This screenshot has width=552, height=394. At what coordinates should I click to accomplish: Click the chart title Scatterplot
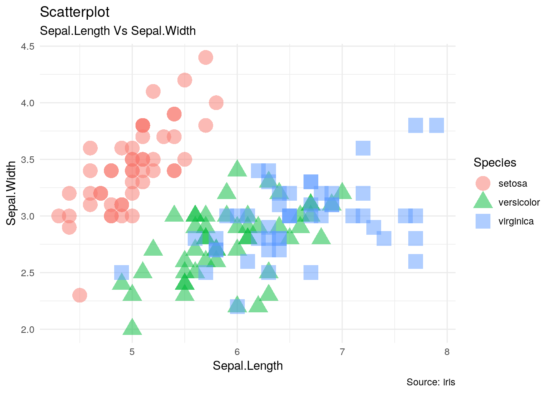pyautogui.click(x=75, y=12)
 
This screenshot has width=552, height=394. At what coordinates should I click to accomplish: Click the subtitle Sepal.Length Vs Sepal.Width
pyautogui.click(x=117, y=31)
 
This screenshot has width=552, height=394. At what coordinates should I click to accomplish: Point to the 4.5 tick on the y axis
pyautogui.click(x=28, y=46)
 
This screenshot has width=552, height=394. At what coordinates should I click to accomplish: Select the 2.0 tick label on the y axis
pyautogui.click(x=28, y=329)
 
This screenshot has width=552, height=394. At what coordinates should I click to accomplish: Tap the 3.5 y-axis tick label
pyautogui.click(x=28, y=159)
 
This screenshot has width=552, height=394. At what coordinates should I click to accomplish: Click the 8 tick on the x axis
pyautogui.click(x=447, y=352)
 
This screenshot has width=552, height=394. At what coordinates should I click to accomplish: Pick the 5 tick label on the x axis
pyautogui.click(x=132, y=352)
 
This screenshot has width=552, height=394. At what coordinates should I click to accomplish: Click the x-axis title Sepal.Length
pyautogui.click(x=248, y=366)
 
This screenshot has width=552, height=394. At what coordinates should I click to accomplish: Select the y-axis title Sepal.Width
pyautogui.click(x=11, y=193)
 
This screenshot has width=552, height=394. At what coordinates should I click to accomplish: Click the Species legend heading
pyautogui.click(x=494, y=163)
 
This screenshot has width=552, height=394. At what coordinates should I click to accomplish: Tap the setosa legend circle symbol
pyautogui.click(x=483, y=183)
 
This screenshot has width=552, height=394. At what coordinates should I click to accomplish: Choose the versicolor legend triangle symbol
pyautogui.click(x=483, y=202)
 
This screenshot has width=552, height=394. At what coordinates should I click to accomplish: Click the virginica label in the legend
pyautogui.click(x=516, y=222)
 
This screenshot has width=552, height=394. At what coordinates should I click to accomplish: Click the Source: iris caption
pyautogui.click(x=431, y=382)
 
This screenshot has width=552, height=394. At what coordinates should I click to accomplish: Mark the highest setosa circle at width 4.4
pyautogui.click(x=206, y=57)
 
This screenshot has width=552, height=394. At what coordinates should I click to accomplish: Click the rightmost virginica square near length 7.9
pyautogui.click(x=437, y=125)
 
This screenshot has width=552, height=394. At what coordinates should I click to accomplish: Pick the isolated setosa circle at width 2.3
pyautogui.click(x=80, y=295)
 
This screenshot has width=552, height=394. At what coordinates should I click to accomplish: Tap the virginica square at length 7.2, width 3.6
pyautogui.click(x=363, y=148)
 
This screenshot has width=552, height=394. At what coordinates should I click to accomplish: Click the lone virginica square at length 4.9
pyautogui.click(x=122, y=273)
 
